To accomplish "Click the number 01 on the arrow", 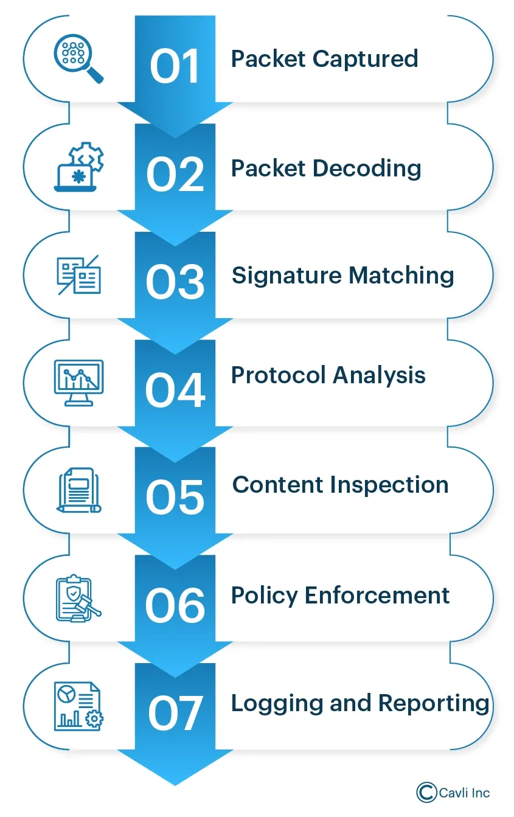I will point(175,66).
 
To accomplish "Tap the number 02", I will point(175,175).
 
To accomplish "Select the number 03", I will point(175,282).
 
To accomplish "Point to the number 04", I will point(175,390).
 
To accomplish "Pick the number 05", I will point(175,498).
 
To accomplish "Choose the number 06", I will point(175,605).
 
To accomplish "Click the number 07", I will point(175,714).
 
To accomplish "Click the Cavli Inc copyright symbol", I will point(427,792).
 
